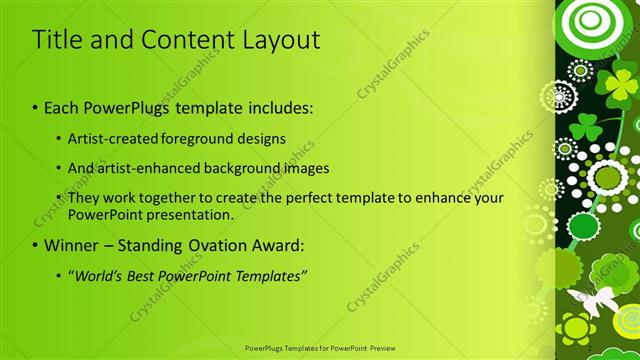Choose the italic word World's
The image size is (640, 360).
tap(97, 275)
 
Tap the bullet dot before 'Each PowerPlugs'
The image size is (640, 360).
tap(36, 107)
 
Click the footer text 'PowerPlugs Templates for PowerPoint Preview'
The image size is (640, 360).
tap(319, 348)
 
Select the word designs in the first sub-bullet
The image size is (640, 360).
tap(264, 138)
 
